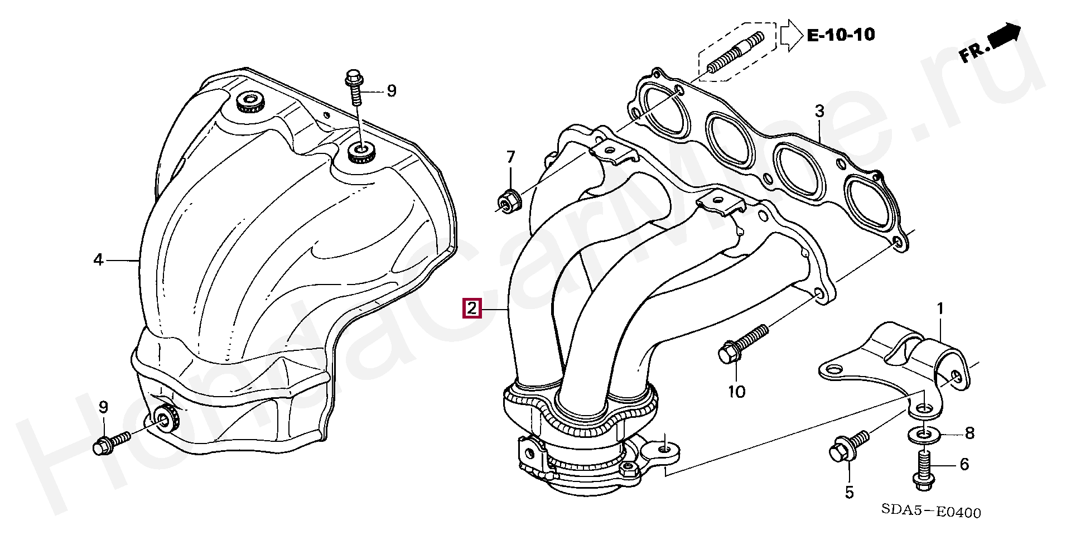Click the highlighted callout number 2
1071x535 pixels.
tap(472, 309)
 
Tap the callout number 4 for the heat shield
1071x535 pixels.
tap(98, 259)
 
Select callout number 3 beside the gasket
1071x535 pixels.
tap(819, 112)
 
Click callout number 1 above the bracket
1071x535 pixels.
tap(940, 308)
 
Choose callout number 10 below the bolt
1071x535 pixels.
tap(736, 392)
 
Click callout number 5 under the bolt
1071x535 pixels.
tap(849, 492)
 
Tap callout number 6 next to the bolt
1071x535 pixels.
tap(964, 464)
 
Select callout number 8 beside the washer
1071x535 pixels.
tap(970, 433)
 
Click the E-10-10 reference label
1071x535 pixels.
tap(841, 35)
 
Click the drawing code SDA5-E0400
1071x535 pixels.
tap(931, 512)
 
